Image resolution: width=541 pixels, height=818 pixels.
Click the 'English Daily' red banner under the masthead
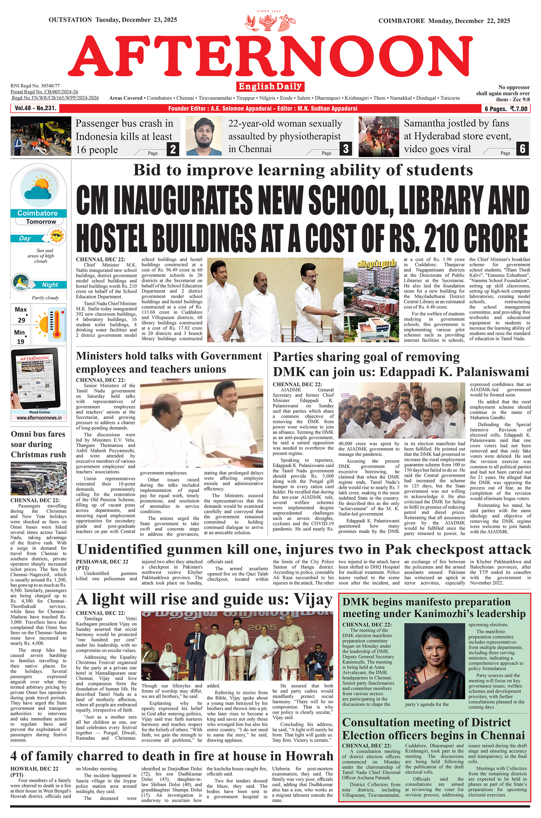pyautogui.click(x=270, y=86)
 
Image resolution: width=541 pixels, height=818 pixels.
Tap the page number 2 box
pyautogui.click(x=173, y=149)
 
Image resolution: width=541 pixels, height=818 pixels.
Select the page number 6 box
pyautogui.click(x=522, y=149)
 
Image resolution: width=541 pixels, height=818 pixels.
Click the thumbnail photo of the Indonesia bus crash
pyautogui.click(x=41, y=136)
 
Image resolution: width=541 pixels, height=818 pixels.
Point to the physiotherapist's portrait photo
pyautogui.click(x=203, y=136)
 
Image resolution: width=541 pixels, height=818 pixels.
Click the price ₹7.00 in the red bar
pyautogui.click(x=518, y=109)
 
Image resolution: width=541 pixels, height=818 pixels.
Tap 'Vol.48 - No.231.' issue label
pyautogui.click(x=35, y=108)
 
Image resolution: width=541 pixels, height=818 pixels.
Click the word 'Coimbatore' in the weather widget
pyautogui.click(x=38, y=213)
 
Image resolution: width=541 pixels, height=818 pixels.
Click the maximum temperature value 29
pyautogui.click(x=21, y=320)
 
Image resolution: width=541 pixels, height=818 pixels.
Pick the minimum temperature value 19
pyautogui.click(x=21, y=341)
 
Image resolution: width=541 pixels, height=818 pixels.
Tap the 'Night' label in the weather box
pyautogui.click(x=50, y=285)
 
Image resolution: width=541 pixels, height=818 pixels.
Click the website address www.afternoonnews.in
pyautogui.click(x=39, y=418)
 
